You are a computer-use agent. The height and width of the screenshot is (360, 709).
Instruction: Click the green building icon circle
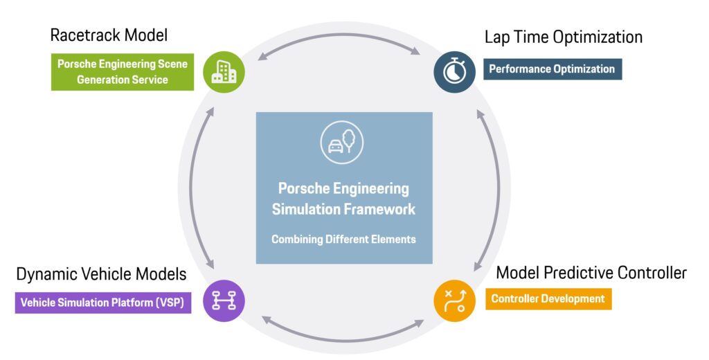224,73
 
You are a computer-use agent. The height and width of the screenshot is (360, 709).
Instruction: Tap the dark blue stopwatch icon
454,72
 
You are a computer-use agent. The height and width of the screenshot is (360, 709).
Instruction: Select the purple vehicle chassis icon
224,300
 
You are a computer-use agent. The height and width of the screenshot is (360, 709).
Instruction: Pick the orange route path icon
454,300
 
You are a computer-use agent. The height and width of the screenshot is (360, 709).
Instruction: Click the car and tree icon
342,142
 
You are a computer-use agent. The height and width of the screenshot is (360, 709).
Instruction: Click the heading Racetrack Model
109,35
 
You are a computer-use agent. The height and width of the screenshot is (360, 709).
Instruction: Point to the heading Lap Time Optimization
564,37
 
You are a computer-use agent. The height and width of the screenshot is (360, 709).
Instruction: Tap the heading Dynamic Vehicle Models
101,274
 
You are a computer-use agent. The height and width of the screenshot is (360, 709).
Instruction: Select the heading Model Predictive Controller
591,273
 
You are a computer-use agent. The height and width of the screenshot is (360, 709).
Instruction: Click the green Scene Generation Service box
123,72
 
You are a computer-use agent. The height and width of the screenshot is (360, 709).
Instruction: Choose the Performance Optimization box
553,69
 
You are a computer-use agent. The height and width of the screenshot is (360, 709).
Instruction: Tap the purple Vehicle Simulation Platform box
103,303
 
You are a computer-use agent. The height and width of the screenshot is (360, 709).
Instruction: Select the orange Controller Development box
548,299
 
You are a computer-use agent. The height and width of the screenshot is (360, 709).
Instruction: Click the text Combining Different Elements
343,240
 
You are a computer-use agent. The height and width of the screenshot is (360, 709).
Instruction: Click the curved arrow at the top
339,35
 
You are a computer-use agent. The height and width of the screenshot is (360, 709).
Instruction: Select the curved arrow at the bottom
343,339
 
